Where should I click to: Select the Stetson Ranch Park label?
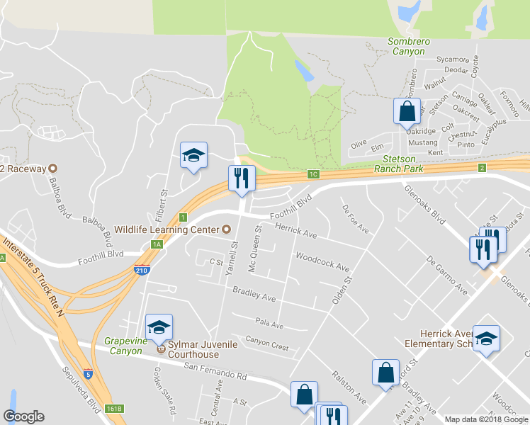coord(402,164)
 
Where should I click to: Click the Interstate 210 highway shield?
coord(142,270)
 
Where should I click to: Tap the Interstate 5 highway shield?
coord(88,373)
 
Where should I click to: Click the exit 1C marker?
coord(313,174)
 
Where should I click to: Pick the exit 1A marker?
coord(157,244)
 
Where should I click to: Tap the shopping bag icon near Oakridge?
coord(407,110)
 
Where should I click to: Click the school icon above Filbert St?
coord(193,155)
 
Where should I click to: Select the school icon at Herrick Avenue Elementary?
coord(486,339)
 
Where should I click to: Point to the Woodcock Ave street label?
coord(322,262)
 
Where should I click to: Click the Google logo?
coord(23,416)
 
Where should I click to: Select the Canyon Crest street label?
coord(266,342)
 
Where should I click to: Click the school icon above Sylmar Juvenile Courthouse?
coord(159,327)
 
